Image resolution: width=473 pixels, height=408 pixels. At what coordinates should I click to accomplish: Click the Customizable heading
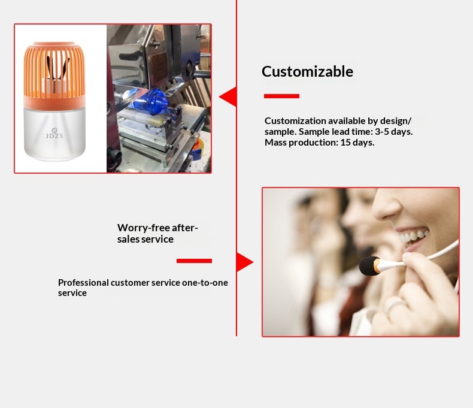(307, 72)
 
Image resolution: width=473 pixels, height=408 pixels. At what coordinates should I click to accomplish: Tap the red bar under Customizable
(281, 96)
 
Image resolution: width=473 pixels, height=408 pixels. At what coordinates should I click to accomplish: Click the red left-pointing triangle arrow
(228, 96)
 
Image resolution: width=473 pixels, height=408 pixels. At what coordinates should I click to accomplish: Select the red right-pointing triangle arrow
(244, 262)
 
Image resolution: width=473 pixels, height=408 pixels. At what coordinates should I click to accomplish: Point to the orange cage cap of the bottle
(54, 72)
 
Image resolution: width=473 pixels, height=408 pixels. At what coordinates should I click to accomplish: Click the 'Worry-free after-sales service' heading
(157, 233)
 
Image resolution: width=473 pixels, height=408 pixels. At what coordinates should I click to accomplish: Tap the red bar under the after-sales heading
(194, 261)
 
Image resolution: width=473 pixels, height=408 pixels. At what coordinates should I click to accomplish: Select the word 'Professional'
(83, 282)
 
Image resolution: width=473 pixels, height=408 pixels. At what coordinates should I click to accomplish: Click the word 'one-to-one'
(205, 282)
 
